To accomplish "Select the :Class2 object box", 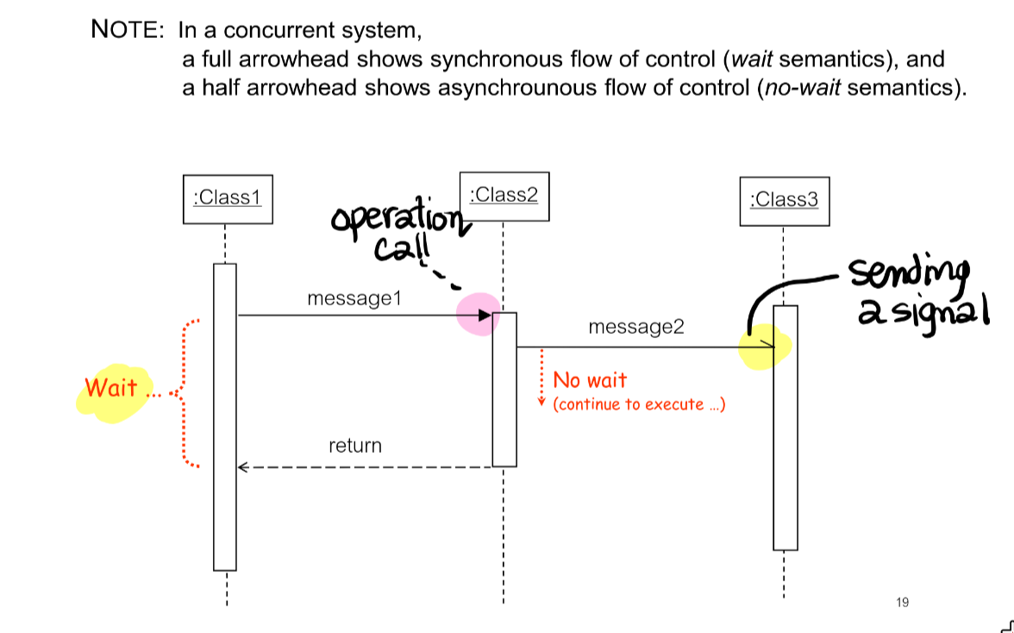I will point(504,196).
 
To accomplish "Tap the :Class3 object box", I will point(784,201).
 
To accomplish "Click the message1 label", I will point(354,298).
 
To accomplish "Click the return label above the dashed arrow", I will point(354,446).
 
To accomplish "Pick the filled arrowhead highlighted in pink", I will point(485,316).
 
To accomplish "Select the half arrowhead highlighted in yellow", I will point(768,347).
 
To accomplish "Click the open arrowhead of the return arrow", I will point(244,467).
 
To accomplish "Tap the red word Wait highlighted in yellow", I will point(111,388).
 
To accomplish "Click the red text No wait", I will point(590,380).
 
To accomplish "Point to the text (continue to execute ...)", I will point(639,404).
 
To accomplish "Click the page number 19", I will point(902,602).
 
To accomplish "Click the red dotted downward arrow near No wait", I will point(541,378).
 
